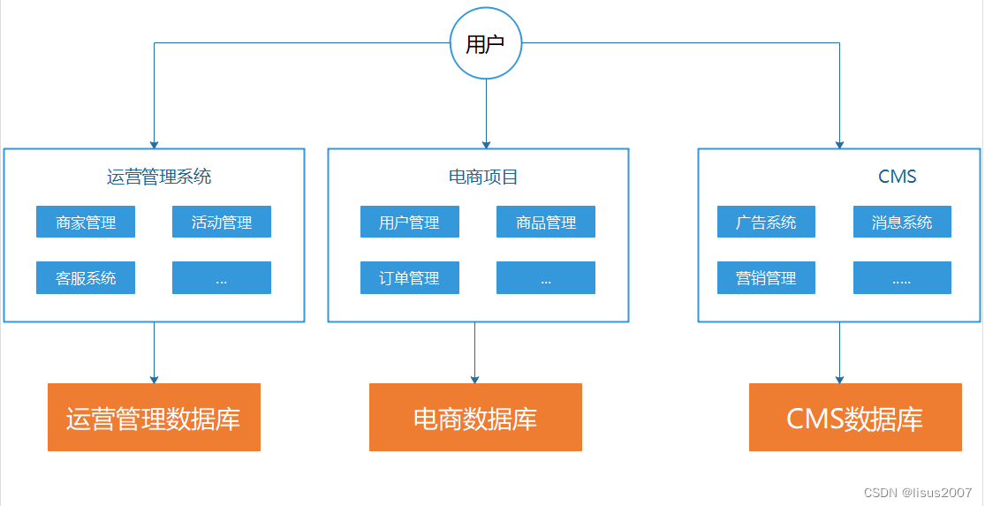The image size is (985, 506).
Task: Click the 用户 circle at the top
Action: tap(485, 44)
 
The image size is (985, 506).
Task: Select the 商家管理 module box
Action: tap(86, 223)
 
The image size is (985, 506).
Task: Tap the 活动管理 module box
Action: tap(222, 223)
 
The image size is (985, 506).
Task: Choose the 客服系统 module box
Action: tap(86, 278)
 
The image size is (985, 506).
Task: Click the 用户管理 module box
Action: tap(409, 223)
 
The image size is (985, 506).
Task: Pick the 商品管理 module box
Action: tap(546, 223)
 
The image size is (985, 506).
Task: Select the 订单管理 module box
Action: tap(409, 278)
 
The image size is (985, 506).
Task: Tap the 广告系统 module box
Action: tap(766, 223)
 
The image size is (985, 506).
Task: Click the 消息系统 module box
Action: tap(902, 223)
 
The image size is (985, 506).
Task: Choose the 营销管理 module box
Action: tap(766, 278)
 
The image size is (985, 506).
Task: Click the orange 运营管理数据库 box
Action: tap(154, 418)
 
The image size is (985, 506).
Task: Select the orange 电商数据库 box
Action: tap(475, 418)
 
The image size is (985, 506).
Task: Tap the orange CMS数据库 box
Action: tap(855, 418)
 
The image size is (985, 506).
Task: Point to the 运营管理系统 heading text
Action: tap(159, 177)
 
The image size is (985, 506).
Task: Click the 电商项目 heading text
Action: tap(483, 177)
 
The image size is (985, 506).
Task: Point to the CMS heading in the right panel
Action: tap(897, 177)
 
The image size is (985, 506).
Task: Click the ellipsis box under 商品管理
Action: tap(546, 278)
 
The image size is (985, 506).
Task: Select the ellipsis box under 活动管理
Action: tap(222, 278)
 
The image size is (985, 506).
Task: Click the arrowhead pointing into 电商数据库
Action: tap(474, 379)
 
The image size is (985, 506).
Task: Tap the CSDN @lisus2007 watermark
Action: tap(918, 492)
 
